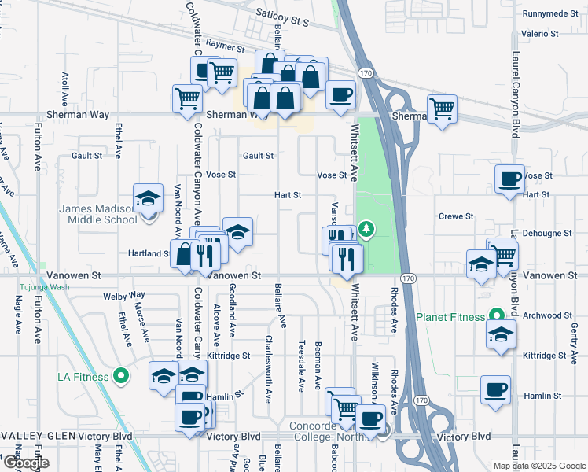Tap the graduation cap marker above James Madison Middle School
(147, 198)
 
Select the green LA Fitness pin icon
(120, 377)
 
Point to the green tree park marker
(366, 230)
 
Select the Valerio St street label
(540, 34)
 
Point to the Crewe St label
(456, 216)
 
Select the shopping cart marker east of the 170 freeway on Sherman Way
(443, 109)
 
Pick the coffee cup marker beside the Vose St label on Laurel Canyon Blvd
(509, 179)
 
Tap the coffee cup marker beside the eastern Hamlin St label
(496, 389)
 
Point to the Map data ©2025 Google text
(539, 466)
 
